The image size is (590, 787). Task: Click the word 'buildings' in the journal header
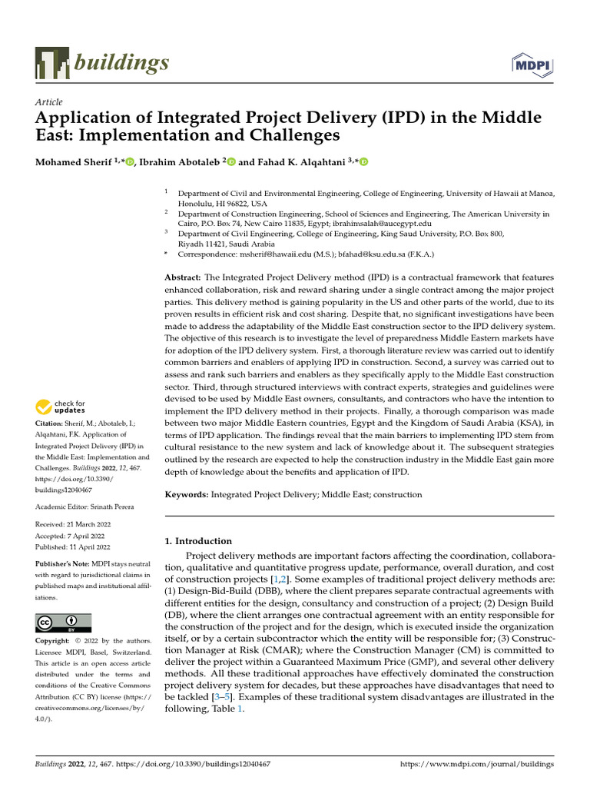click(121, 63)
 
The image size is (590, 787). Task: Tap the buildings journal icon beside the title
click(51, 64)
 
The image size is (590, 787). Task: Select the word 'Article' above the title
click(49, 102)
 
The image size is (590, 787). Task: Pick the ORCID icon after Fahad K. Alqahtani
click(363, 162)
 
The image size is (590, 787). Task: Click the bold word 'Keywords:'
click(187, 495)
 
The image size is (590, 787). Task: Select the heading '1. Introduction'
click(198, 541)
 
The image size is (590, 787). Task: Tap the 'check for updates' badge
click(61, 407)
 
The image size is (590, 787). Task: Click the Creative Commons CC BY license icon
click(64, 623)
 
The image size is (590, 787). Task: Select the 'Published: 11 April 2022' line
click(73, 547)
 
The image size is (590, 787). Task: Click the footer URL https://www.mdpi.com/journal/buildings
click(489, 765)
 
